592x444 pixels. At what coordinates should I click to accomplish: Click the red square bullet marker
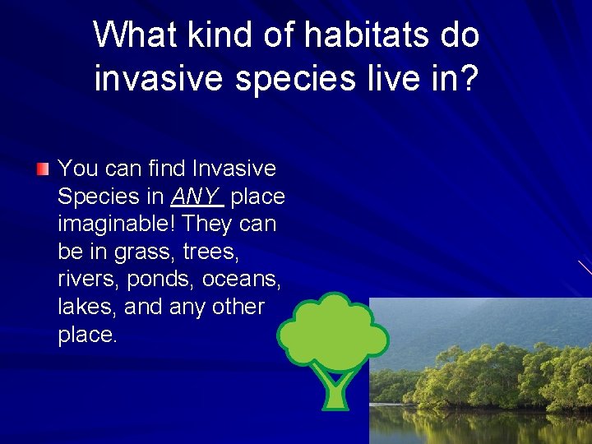43,170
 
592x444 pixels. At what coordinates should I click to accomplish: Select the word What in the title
134,35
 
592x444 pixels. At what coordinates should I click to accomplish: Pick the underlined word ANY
197,197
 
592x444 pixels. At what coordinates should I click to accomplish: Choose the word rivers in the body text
89,280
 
